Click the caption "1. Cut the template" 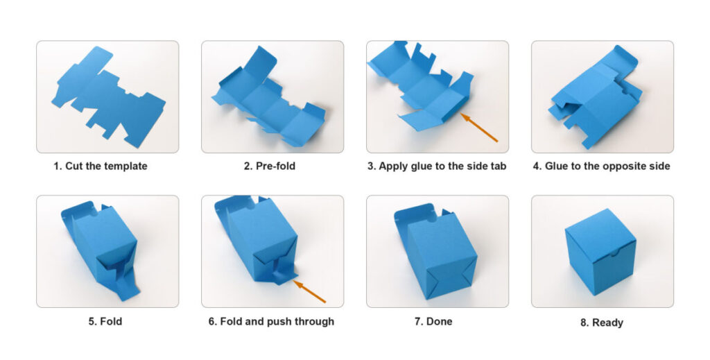point(100,166)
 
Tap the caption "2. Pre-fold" point(270,166)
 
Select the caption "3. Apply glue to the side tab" point(437,166)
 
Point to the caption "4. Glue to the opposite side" point(601,166)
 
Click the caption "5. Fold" point(105,322)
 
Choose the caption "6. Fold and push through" point(271,322)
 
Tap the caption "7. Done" point(433,322)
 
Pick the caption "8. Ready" point(602,323)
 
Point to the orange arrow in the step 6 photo point(309,291)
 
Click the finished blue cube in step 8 point(600,252)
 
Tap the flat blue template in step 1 point(108,97)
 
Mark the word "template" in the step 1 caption point(125,166)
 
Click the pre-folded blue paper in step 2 point(269,97)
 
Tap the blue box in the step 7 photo point(435,251)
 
